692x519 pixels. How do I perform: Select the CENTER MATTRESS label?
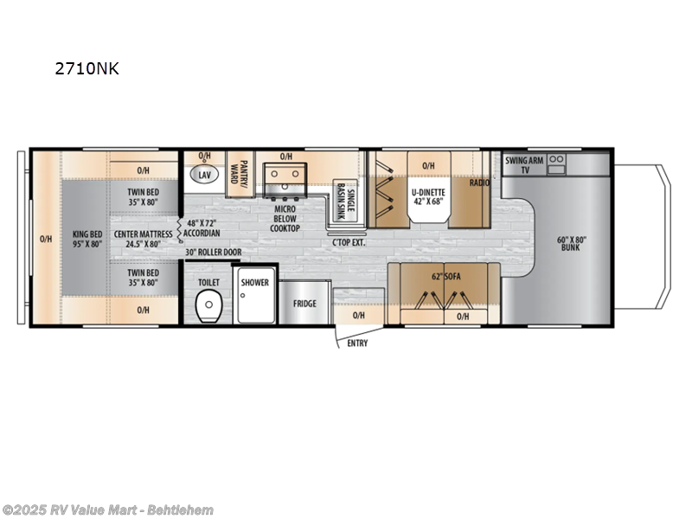click(x=143, y=239)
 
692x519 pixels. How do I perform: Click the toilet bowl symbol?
click(x=206, y=306)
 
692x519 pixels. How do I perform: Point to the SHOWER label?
click(x=255, y=283)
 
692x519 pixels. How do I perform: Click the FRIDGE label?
click(x=304, y=304)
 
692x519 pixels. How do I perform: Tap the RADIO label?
click(x=480, y=183)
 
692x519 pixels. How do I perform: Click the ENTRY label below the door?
click(x=357, y=343)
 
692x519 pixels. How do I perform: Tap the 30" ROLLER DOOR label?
click(x=214, y=253)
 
